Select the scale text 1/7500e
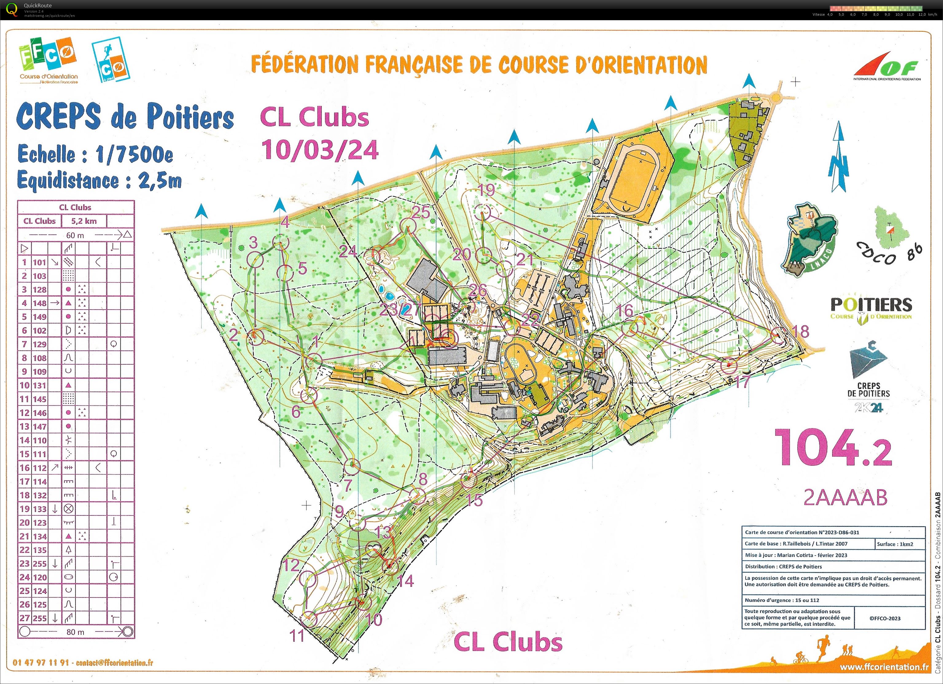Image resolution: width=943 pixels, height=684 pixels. (134, 155)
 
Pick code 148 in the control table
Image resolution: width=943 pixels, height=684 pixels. (40, 303)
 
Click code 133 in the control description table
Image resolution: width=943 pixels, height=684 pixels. (40, 509)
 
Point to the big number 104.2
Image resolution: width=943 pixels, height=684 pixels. (833, 448)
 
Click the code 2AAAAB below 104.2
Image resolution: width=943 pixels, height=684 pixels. (845, 497)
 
